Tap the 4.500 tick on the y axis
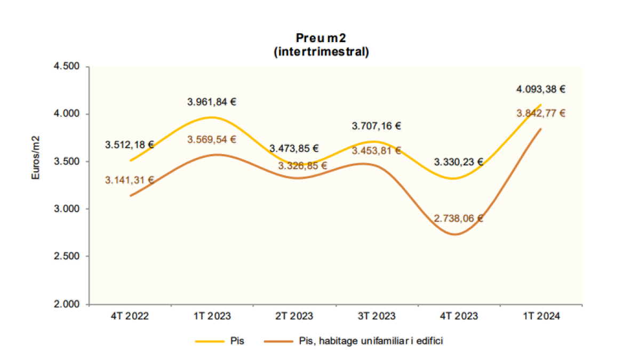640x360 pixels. pos(67,67)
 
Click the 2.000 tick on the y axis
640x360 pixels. pos(67,305)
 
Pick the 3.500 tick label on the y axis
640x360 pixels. pos(67,162)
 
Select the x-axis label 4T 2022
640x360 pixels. pos(130,316)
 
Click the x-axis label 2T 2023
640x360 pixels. pos(294,316)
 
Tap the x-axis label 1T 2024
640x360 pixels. pos(541,316)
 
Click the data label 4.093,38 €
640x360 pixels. pos(541,89)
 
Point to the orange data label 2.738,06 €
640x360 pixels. pos(458,218)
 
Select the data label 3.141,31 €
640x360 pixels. pos(130,180)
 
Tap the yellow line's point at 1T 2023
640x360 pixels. pos(212,117)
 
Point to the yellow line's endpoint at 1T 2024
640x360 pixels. pos(541,105)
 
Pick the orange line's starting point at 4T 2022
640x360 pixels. pos(130,196)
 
